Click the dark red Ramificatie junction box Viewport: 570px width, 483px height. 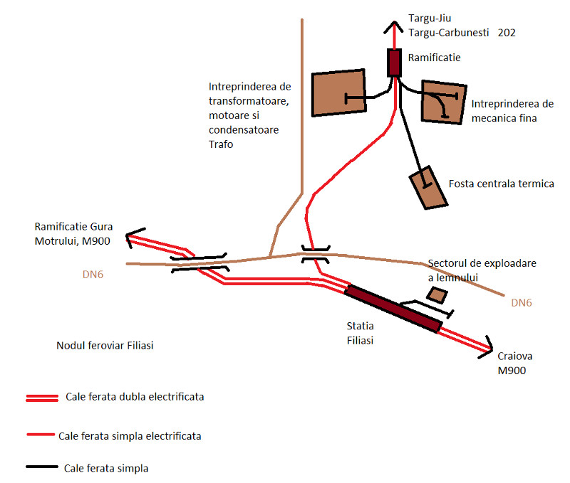tap(394, 63)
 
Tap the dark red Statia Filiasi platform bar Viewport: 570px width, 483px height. tap(393, 308)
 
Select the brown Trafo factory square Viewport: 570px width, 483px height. tap(339, 90)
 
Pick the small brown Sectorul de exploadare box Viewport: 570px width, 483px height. tap(434, 294)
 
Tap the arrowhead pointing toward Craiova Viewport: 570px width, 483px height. tap(487, 344)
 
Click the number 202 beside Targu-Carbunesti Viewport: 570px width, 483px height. tap(507, 33)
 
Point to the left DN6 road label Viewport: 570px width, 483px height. tap(94, 272)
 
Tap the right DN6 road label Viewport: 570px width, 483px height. tap(522, 303)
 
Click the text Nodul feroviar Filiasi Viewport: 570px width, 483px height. tap(105, 346)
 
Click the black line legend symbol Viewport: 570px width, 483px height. tap(41, 468)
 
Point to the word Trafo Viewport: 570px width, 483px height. tap(221, 144)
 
